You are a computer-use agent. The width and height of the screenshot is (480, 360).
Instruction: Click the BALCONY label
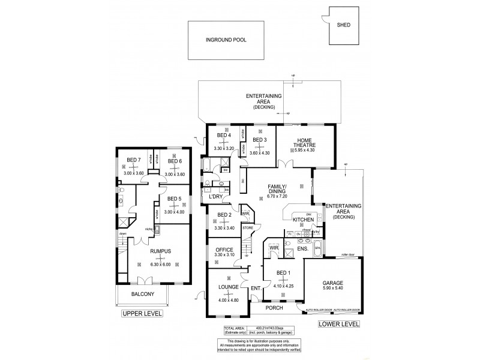click(x=143, y=294)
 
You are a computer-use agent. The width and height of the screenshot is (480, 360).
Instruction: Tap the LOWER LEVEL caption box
click(x=339, y=323)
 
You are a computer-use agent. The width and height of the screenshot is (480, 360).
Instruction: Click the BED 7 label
click(x=133, y=160)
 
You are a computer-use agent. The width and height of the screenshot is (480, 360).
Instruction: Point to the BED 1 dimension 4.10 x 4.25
click(x=281, y=286)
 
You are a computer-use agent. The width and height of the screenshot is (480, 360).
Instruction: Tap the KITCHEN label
click(x=308, y=221)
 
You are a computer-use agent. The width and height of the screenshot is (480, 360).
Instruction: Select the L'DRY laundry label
click(x=215, y=197)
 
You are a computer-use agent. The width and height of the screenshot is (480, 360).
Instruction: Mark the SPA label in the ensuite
click(x=317, y=247)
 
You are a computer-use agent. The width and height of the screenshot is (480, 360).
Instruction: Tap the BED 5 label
click(x=175, y=199)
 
